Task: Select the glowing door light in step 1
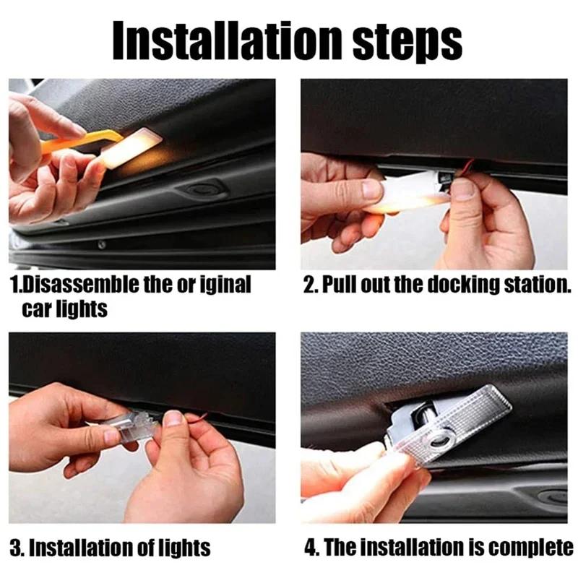(x=134, y=148)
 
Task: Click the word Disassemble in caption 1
(x=75, y=284)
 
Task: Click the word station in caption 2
(x=532, y=284)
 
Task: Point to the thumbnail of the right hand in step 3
(x=173, y=418)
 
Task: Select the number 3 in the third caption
(x=15, y=547)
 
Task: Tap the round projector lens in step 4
(x=433, y=441)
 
